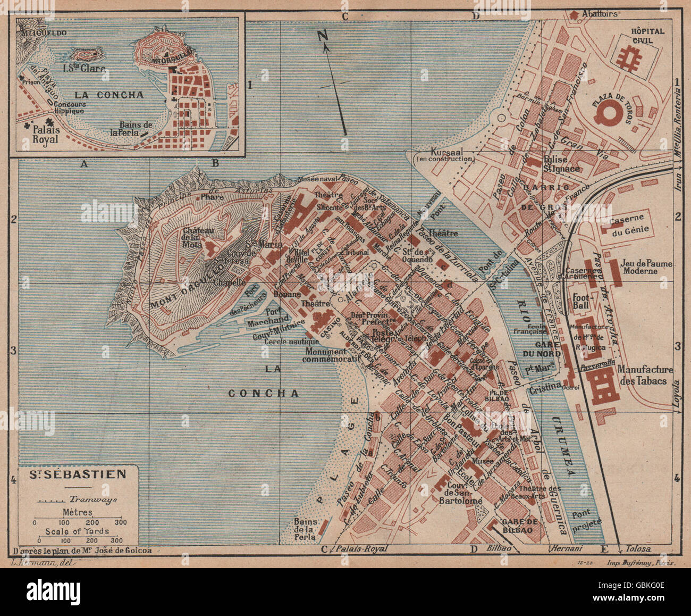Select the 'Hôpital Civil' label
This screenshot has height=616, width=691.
pos(647,36)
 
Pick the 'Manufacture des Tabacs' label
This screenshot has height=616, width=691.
pos(645,374)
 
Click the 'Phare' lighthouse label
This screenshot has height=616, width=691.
pos(212,196)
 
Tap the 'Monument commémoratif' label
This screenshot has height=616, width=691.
pos(324,355)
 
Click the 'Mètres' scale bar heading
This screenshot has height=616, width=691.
pos(77,512)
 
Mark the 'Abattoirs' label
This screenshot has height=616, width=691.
pos(600,14)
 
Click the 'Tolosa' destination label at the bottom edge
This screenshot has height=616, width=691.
pos(638,549)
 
